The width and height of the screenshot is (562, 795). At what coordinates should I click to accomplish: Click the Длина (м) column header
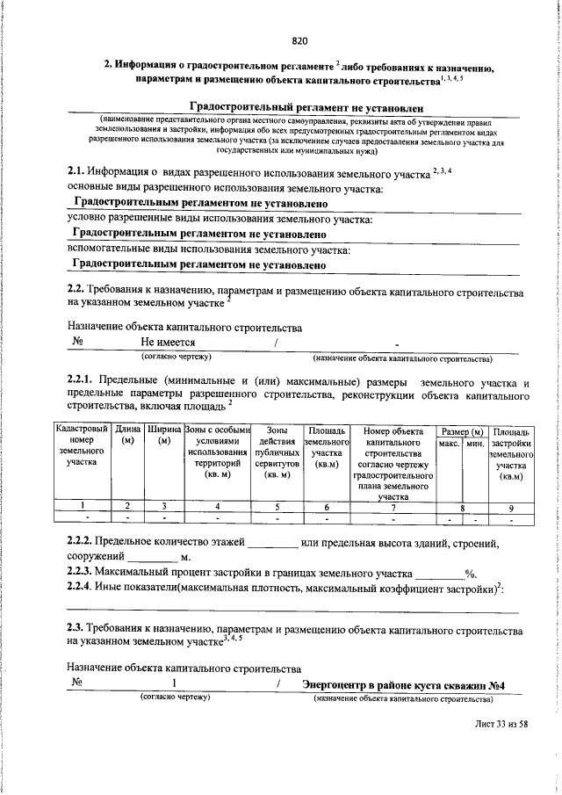point(128,436)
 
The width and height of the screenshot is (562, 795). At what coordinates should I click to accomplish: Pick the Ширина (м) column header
point(163,436)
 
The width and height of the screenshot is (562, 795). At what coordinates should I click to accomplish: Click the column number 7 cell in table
point(393,507)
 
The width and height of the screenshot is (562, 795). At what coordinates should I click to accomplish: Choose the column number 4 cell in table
point(217,507)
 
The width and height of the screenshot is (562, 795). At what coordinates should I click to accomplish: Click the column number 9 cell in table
point(510,507)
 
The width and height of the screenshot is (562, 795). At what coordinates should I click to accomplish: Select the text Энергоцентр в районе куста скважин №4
point(408,685)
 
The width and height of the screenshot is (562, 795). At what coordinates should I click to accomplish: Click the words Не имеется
point(168,343)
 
